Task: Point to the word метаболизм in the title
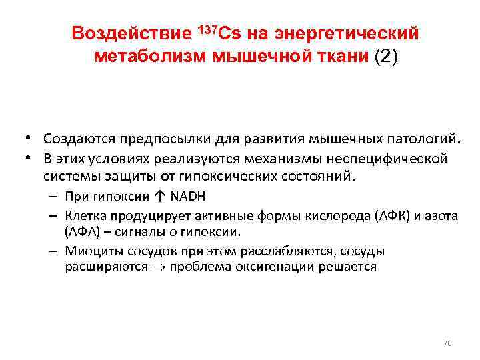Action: click(x=151, y=56)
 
